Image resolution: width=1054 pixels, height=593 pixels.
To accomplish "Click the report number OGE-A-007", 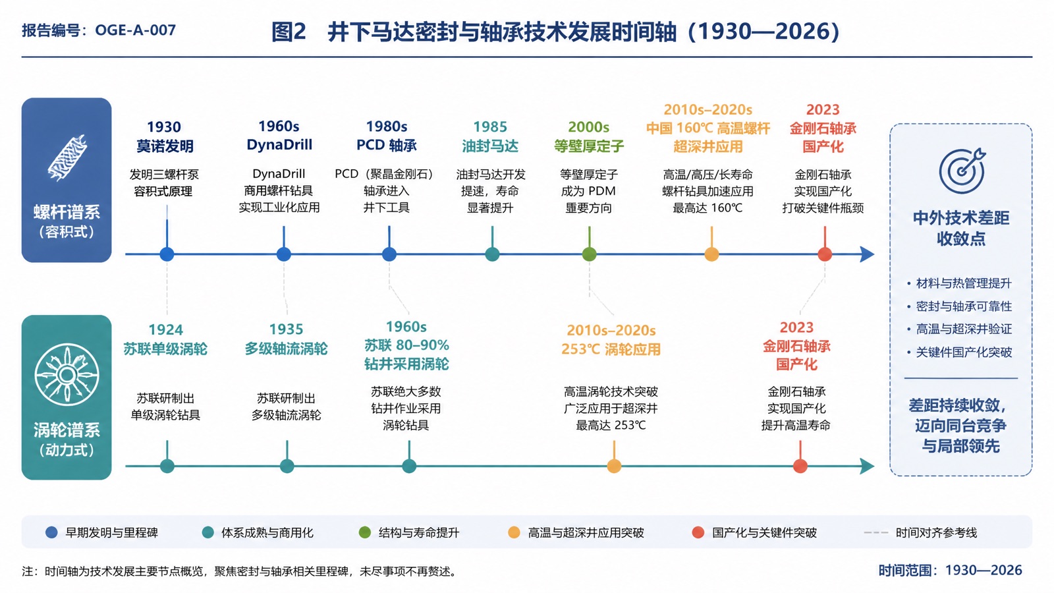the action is (x=135, y=30).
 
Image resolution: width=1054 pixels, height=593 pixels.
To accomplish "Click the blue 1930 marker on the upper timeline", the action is (x=167, y=254).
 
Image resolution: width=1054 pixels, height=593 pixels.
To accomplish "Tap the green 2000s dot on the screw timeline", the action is (x=589, y=254).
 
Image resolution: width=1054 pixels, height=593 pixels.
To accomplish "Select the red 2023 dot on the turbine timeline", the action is (x=800, y=466).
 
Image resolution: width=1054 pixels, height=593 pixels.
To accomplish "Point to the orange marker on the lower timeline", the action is (x=613, y=466).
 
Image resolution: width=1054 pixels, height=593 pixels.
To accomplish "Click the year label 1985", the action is (x=490, y=127).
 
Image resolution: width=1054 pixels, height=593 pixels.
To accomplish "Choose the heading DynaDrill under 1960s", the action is (x=279, y=144).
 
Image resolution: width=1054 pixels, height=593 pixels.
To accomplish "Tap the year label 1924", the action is (x=165, y=329).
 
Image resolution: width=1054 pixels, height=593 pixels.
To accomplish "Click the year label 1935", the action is (x=286, y=329).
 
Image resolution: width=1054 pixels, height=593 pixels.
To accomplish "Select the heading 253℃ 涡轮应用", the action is (x=611, y=349).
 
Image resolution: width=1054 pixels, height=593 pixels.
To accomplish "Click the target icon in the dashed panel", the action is (x=962, y=171).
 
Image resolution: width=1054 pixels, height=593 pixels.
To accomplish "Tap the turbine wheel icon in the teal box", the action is (x=67, y=375).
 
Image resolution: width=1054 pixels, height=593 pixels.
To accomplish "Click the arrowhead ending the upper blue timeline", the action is (x=867, y=254).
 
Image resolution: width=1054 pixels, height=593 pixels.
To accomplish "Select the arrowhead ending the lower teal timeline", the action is (x=867, y=466).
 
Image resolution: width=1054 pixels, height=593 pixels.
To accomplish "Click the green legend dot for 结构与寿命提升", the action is (x=365, y=532).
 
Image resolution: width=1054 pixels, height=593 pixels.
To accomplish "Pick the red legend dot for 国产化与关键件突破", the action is (x=698, y=532).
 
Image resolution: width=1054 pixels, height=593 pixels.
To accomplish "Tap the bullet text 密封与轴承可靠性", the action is (x=964, y=306).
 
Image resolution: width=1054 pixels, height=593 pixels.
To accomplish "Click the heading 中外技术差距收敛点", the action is (x=961, y=228).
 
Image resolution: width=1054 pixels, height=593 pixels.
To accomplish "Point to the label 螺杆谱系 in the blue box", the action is (x=67, y=212).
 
